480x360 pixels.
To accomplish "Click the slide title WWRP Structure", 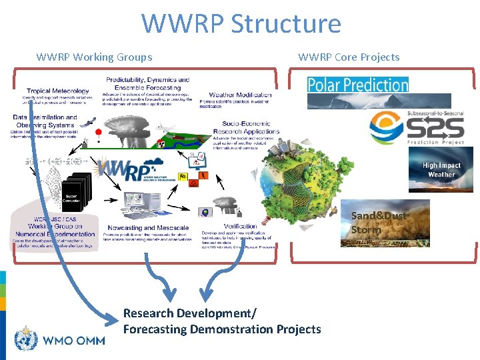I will (x=241, y=24).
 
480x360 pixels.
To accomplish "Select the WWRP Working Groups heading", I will (x=94, y=57).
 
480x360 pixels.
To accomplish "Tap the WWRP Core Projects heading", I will (x=349, y=57).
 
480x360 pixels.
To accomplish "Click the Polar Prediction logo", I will (x=357, y=85).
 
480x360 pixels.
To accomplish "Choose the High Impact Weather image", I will (x=440, y=170).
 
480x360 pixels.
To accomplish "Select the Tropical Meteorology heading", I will (x=57, y=91).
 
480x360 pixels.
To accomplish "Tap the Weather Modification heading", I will (x=240, y=95).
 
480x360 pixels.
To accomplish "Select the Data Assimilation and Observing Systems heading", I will (x=45, y=121).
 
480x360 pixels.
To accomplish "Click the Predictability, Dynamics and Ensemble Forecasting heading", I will (x=147, y=84).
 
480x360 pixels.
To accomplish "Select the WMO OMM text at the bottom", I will (x=74, y=341).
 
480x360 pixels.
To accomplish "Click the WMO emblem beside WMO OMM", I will (x=26, y=339).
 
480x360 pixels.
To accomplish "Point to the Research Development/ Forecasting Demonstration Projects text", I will (x=221, y=321).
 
